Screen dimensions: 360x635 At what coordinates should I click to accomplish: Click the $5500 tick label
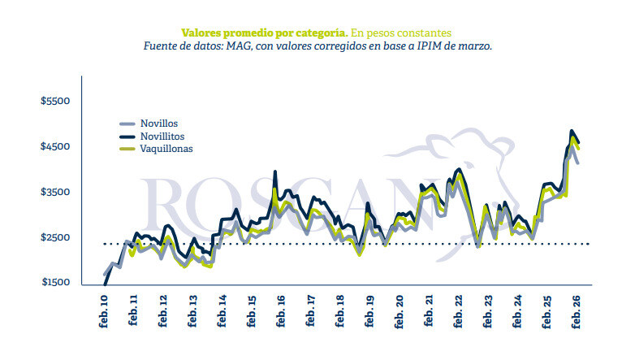(56, 101)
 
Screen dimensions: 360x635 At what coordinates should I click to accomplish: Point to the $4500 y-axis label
(56, 146)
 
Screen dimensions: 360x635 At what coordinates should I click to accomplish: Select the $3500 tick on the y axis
(56, 192)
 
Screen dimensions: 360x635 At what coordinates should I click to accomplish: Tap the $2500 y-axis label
(56, 237)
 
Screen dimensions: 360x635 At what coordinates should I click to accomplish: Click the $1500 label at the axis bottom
(56, 283)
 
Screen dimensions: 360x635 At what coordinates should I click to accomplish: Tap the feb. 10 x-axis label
(105, 313)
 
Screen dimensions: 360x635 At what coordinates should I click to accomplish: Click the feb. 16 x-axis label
(281, 313)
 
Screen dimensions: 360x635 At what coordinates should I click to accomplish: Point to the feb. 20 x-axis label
(400, 313)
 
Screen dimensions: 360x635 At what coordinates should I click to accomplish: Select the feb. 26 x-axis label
(577, 313)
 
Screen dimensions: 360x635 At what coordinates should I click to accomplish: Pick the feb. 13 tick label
(193, 313)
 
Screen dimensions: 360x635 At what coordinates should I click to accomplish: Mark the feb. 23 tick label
(488, 313)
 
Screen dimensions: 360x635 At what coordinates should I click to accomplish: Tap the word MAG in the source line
(245, 46)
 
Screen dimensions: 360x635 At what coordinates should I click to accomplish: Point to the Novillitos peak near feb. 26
(572, 131)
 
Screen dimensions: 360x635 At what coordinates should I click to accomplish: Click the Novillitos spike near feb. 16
(276, 172)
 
